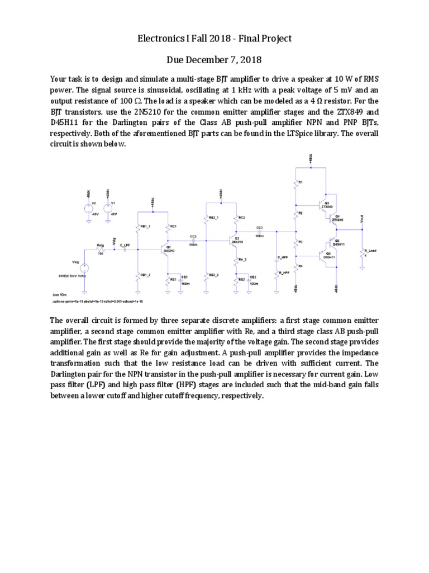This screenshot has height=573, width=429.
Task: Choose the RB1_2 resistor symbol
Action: click(x=137, y=275)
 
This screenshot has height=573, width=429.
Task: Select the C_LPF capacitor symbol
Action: click(x=125, y=250)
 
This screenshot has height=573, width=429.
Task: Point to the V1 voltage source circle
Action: click(x=107, y=208)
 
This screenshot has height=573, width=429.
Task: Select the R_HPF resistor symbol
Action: click(x=278, y=273)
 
